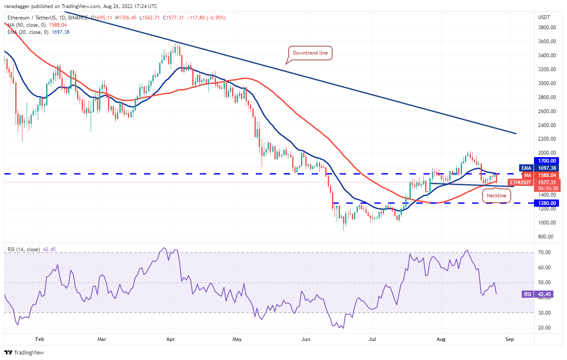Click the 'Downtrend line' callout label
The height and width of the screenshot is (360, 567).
[310, 53]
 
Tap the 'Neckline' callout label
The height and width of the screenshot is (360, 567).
[496, 195]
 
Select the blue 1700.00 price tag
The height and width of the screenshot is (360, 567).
[548, 161]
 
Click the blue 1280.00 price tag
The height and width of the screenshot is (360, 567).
[548, 203]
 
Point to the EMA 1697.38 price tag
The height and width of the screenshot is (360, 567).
[542, 168]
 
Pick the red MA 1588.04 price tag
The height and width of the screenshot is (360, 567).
[542, 175]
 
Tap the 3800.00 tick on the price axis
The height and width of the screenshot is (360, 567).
[547, 28]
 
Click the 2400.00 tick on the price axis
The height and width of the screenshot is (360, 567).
[547, 125]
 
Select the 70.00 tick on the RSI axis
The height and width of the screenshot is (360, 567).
[545, 252]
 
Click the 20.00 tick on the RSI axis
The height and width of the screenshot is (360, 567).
[545, 328]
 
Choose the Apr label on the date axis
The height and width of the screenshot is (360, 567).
[171, 339]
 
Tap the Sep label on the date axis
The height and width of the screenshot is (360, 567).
[510, 339]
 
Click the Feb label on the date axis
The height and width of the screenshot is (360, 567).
[40, 339]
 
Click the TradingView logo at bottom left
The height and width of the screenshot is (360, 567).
[24, 352]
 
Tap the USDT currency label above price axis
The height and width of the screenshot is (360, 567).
[544, 17]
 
